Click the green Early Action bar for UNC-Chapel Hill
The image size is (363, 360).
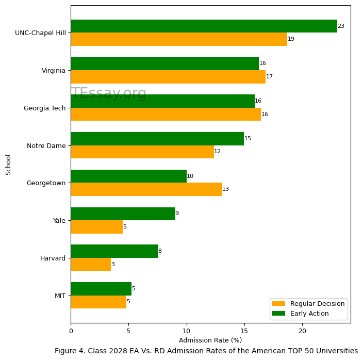click(204, 26)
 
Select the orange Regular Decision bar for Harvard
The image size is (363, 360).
click(91, 264)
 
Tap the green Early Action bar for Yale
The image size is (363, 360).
click(123, 214)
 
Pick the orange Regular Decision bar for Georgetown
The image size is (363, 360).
click(146, 189)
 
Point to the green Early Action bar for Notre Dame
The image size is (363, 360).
click(157, 139)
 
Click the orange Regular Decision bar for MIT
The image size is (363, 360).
click(98, 302)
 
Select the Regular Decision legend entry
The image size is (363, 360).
click(308, 304)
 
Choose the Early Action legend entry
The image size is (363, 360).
click(308, 314)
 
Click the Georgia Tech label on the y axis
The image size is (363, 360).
click(45, 108)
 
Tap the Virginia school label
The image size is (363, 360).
click(54, 71)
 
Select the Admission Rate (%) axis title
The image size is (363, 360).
click(210, 340)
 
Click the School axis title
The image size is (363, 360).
click(9, 165)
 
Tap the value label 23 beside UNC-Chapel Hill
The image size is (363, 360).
click(341, 26)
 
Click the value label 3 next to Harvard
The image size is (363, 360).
click(113, 265)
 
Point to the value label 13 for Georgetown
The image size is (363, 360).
click(225, 189)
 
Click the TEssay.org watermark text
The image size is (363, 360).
click(109, 93)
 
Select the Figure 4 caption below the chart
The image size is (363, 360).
click(206, 351)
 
